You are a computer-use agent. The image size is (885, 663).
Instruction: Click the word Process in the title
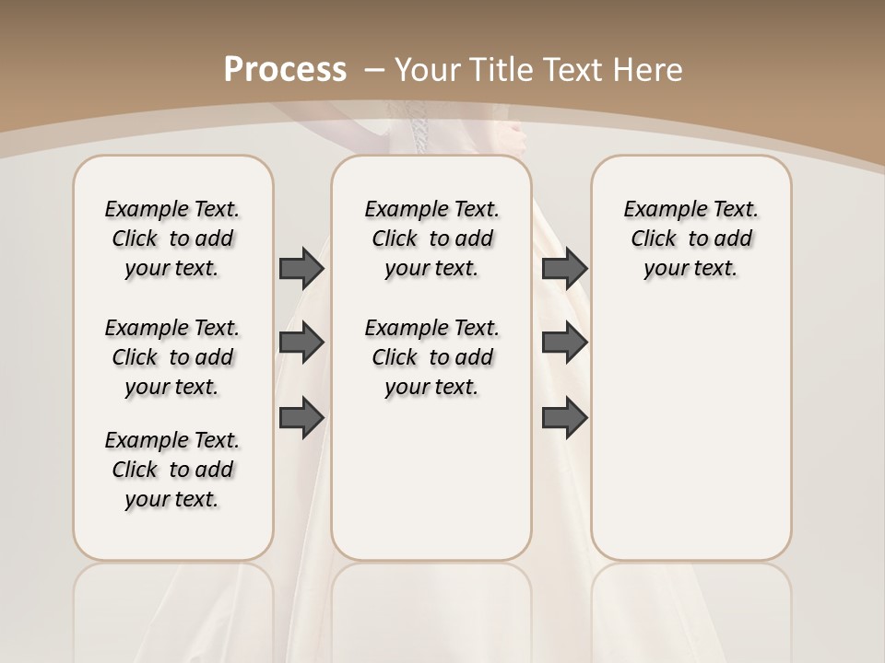coord(286,69)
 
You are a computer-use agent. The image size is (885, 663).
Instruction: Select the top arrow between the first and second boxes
coord(301,268)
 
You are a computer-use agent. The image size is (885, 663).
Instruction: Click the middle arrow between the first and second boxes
coord(301,343)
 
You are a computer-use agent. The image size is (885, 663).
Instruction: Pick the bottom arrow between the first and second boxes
coord(301,417)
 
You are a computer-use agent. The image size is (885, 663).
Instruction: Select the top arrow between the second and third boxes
coord(564,268)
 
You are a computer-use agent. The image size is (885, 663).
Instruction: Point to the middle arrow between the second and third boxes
coord(564,343)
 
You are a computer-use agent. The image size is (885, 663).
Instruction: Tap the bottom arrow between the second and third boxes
coord(564,417)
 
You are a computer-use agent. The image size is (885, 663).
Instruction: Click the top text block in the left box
coord(172,238)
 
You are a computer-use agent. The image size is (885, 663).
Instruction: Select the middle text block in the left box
coord(172,357)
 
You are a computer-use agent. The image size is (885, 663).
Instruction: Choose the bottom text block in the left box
coord(172,470)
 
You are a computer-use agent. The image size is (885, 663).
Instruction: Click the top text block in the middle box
coord(431,238)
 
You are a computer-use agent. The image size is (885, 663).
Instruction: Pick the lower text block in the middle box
coord(431,357)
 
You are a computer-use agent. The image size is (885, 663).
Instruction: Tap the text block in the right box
coord(690,238)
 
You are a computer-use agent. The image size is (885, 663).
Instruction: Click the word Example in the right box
coord(662,210)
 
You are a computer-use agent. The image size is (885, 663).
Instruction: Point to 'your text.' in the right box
coord(690,269)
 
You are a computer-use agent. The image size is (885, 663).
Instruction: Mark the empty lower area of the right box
coord(690,424)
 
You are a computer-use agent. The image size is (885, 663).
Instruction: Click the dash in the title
coord(375,69)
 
